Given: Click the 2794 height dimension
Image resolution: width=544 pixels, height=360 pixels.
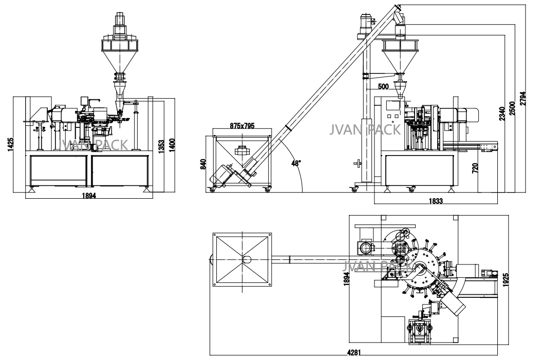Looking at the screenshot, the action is [x=522, y=99].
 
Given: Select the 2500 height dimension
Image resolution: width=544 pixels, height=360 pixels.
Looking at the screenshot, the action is [x=512, y=108].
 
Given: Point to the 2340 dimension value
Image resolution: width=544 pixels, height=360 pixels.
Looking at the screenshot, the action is [x=502, y=113].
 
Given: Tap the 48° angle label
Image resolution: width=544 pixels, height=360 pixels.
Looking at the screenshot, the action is [x=296, y=163].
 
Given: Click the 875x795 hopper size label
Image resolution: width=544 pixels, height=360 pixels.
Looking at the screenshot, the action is [x=242, y=125].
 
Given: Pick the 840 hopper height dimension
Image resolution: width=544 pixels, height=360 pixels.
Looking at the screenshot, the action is [x=203, y=164].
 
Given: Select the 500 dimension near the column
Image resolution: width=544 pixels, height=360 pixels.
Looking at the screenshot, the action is [x=383, y=86].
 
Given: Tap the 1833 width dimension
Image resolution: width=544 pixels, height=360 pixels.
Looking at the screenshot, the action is [x=436, y=201].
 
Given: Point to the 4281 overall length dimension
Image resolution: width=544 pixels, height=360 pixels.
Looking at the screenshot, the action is [x=354, y=352].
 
